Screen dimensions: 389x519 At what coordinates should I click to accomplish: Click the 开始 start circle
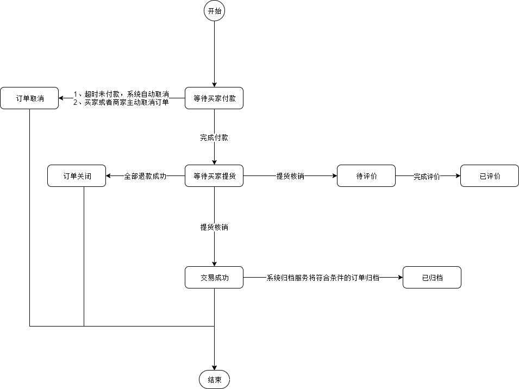click(x=214, y=11)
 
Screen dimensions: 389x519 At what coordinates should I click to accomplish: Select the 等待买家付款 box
click(x=214, y=98)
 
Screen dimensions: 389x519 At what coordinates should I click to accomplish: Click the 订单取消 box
click(x=29, y=98)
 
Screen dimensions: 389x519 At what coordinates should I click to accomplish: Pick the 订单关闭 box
click(x=77, y=176)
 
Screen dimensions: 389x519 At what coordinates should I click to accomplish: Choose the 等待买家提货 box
click(x=214, y=176)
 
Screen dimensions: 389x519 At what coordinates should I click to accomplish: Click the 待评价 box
click(x=366, y=176)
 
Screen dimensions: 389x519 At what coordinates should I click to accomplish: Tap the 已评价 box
click(x=490, y=176)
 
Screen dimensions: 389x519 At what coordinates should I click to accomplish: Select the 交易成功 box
click(x=214, y=278)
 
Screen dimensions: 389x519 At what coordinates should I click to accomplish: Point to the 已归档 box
click(x=432, y=278)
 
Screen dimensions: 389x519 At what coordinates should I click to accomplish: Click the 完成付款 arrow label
click(x=214, y=138)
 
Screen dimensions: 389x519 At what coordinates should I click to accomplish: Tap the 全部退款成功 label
click(x=145, y=177)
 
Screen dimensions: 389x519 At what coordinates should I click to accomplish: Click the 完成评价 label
click(x=427, y=177)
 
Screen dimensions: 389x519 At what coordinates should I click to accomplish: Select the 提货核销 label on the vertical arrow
click(x=214, y=228)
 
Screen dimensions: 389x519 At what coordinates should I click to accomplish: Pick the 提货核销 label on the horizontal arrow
click(x=290, y=177)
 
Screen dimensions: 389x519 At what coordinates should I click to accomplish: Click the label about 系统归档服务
click(x=323, y=278)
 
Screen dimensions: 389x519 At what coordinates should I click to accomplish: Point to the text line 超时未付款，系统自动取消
click(x=121, y=95)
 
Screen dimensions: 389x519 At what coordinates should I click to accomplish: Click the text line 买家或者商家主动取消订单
click(x=121, y=102)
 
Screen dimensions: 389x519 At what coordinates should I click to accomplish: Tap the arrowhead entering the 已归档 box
click(x=399, y=278)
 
